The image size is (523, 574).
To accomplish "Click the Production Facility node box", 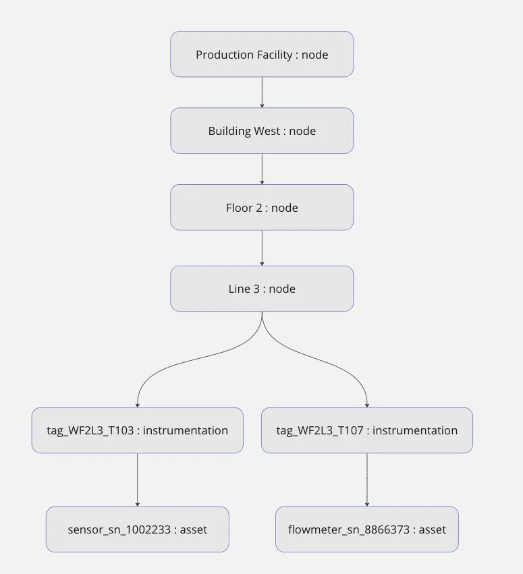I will (262, 54).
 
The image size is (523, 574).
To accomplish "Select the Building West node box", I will (262, 131).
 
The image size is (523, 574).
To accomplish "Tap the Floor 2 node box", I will (262, 208).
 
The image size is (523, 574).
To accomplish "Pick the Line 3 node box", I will (262, 289).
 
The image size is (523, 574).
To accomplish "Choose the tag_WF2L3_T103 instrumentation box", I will (137, 430).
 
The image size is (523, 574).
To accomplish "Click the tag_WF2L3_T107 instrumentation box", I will (366, 430).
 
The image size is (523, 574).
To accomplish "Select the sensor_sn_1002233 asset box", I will (137, 529).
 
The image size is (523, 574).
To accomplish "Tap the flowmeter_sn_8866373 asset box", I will (366, 529).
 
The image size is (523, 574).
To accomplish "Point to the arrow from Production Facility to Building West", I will (262, 92).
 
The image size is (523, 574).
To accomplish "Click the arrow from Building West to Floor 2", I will (262, 169).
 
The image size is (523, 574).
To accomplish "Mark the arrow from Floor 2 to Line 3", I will (262, 248).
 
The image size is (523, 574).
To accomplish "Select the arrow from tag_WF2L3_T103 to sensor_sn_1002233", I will (137, 480).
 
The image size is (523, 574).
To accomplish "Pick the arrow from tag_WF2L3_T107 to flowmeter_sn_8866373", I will (366, 480).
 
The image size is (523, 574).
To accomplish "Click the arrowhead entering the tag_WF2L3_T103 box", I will (137, 405).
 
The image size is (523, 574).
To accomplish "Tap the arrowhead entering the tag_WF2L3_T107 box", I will (366, 405).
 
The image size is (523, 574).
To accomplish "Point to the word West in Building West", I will (266, 132).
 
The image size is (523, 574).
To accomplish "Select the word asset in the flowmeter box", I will (433, 530).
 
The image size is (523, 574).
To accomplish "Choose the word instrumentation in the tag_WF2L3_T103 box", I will (186, 431).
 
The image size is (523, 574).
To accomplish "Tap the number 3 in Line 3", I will (256, 289).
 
